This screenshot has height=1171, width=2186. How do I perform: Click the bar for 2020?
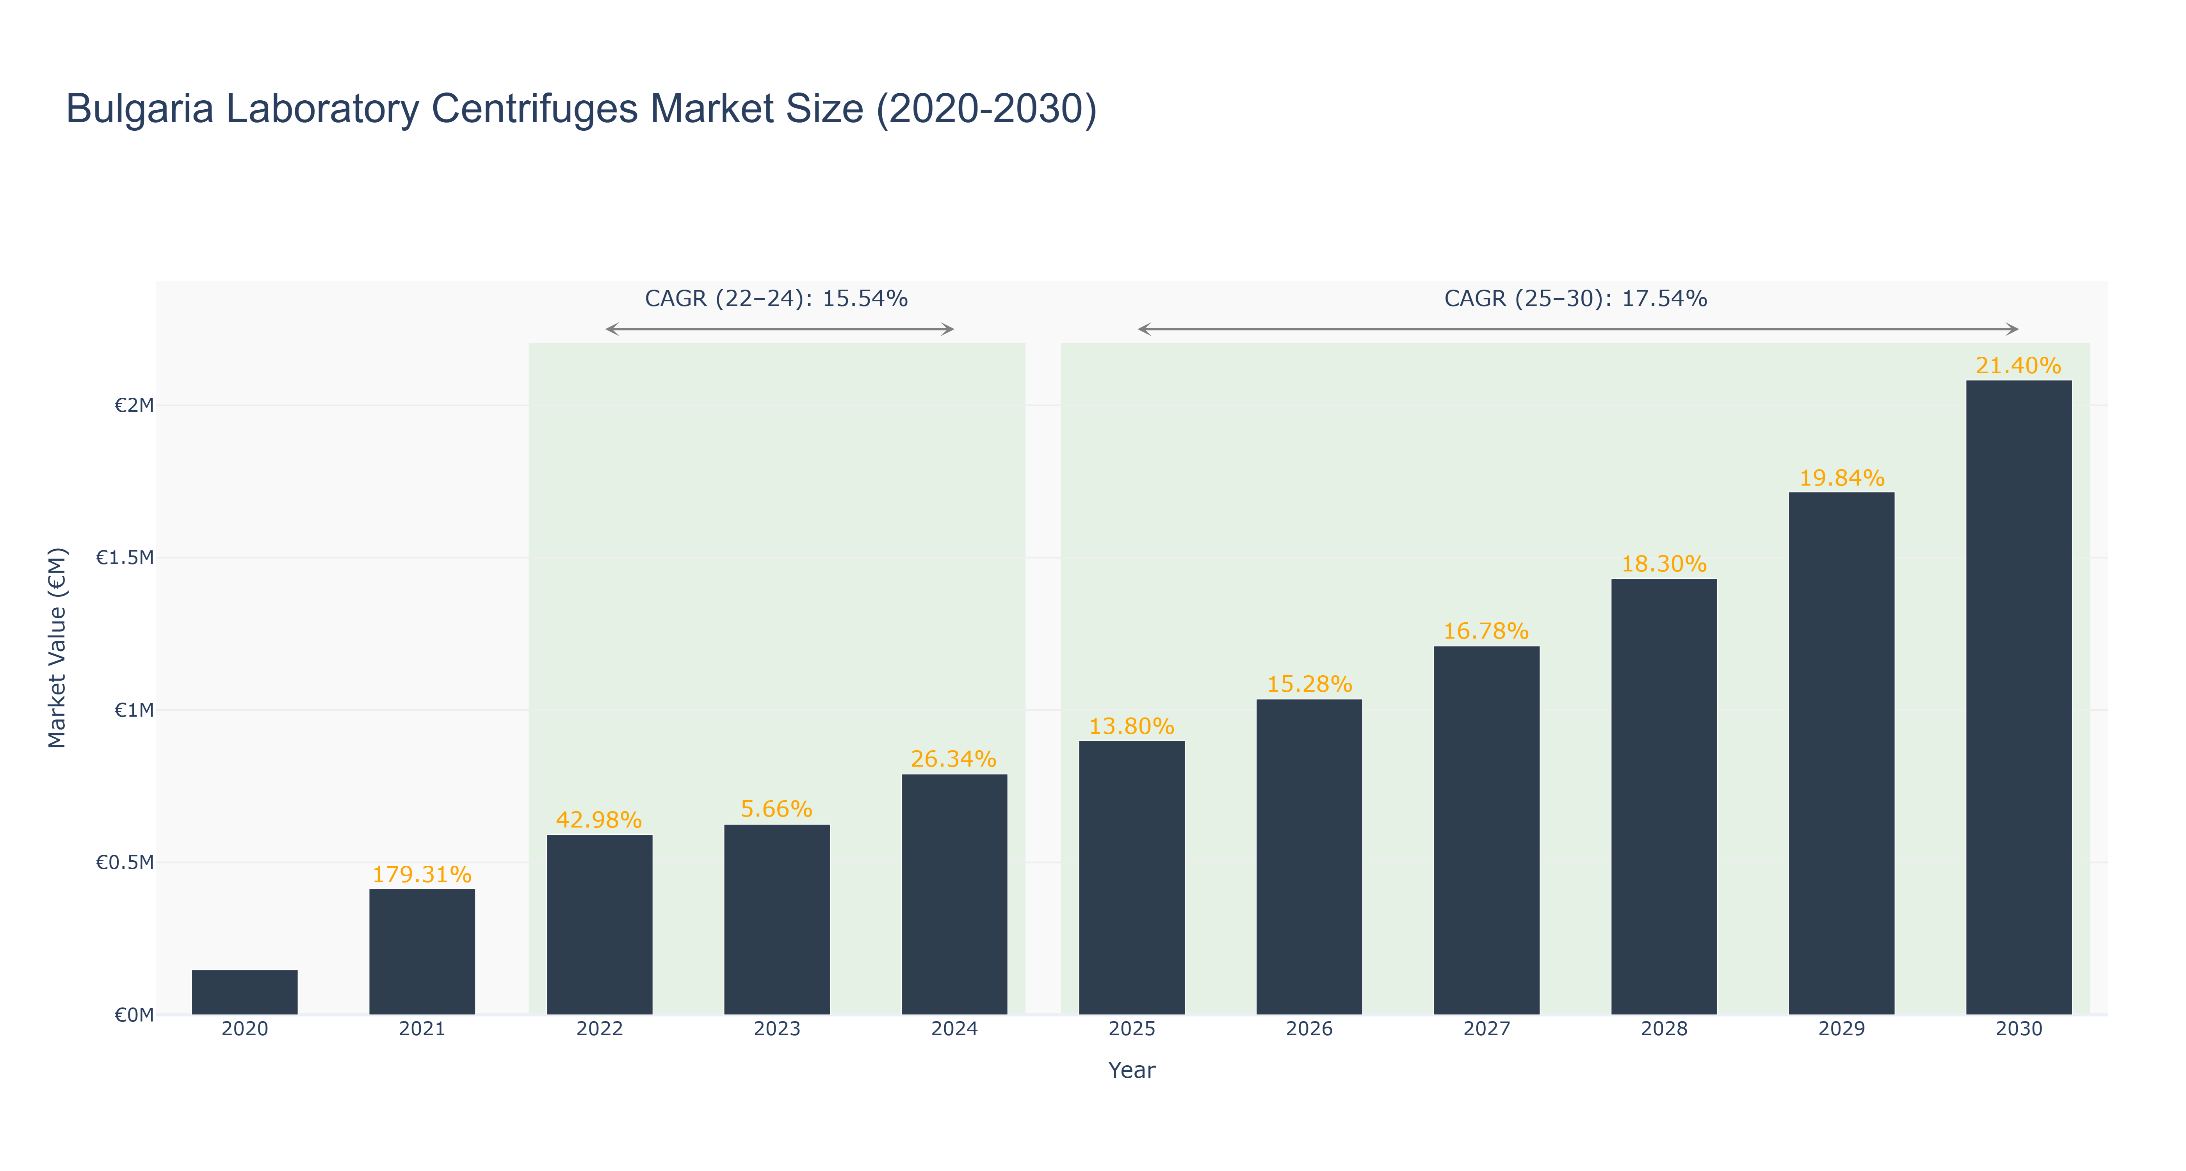pyautogui.click(x=244, y=992)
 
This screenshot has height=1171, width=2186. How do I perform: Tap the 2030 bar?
pyautogui.click(x=2019, y=698)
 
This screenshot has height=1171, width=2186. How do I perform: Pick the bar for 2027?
pyautogui.click(x=1487, y=831)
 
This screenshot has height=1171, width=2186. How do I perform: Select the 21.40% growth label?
pyautogui.click(x=2019, y=366)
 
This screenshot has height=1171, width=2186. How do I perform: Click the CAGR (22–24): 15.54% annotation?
pyautogui.click(x=776, y=299)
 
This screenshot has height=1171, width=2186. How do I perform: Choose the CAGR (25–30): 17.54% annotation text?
pyautogui.click(x=1576, y=299)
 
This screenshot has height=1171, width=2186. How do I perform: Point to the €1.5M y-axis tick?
pyautogui.click(x=125, y=557)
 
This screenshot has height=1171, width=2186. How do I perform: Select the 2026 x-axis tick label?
pyautogui.click(x=1309, y=1029)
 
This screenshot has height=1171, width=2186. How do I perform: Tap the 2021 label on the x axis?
pyautogui.click(x=422, y=1029)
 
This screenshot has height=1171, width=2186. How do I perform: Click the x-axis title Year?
pyautogui.click(x=1132, y=1070)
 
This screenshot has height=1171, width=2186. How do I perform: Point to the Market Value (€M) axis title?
pyautogui.click(x=57, y=648)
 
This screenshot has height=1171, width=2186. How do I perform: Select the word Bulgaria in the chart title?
pyautogui.click(x=139, y=109)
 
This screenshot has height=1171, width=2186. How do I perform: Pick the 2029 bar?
pyautogui.click(x=1841, y=753)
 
